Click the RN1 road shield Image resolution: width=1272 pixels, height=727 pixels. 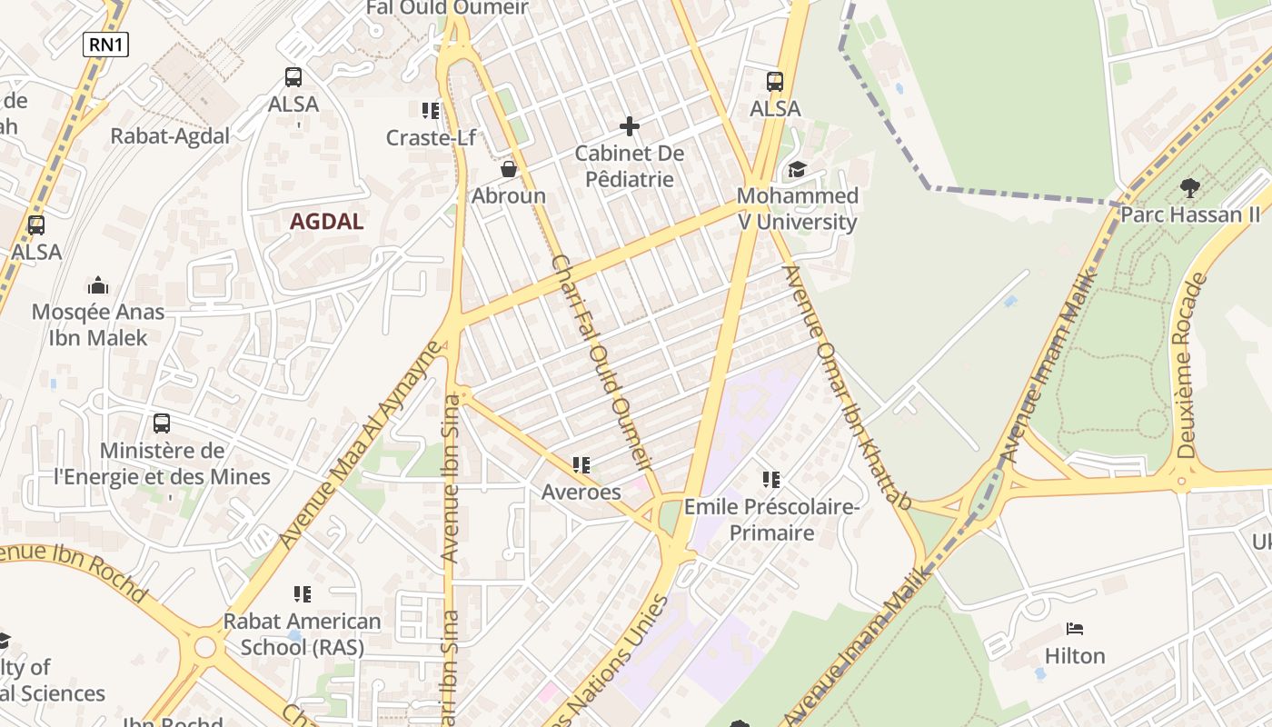pyautogui.click(x=105, y=44)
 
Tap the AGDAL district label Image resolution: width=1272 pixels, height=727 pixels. pyautogui.click(x=326, y=221)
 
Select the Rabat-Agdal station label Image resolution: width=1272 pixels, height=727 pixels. pyautogui.click(x=170, y=135)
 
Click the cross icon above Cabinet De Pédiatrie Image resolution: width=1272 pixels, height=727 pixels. pyautogui.click(x=629, y=126)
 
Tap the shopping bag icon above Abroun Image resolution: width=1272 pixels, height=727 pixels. pyautogui.click(x=509, y=169)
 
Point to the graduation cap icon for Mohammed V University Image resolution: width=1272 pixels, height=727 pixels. pyautogui.click(x=797, y=169)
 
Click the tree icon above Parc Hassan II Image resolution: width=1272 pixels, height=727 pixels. pyautogui.click(x=1189, y=188)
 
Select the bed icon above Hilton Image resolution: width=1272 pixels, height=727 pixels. pyautogui.click(x=1075, y=629)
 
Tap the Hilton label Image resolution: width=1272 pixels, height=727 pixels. pyautogui.click(x=1075, y=655)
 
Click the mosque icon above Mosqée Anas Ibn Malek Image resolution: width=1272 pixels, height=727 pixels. pyautogui.click(x=98, y=286)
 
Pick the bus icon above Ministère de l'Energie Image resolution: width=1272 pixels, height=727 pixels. pyautogui.click(x=162, y=423)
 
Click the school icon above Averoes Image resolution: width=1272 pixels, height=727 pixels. pyautogui.click(x=581, y=466)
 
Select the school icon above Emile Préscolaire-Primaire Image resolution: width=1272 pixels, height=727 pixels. pyautogui.click(x=771, y=479)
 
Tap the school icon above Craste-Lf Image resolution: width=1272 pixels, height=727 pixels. pyautogui.click(x=431, y=111)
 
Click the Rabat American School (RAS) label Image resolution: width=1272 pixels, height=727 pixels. pyautogui.click(x=303, y=634)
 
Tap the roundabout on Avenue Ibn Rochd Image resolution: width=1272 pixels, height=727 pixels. pyautogui.click(x=205, y=647)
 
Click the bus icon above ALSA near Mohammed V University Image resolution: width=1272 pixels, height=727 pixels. pyautogui.click(x=775, y=82)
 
